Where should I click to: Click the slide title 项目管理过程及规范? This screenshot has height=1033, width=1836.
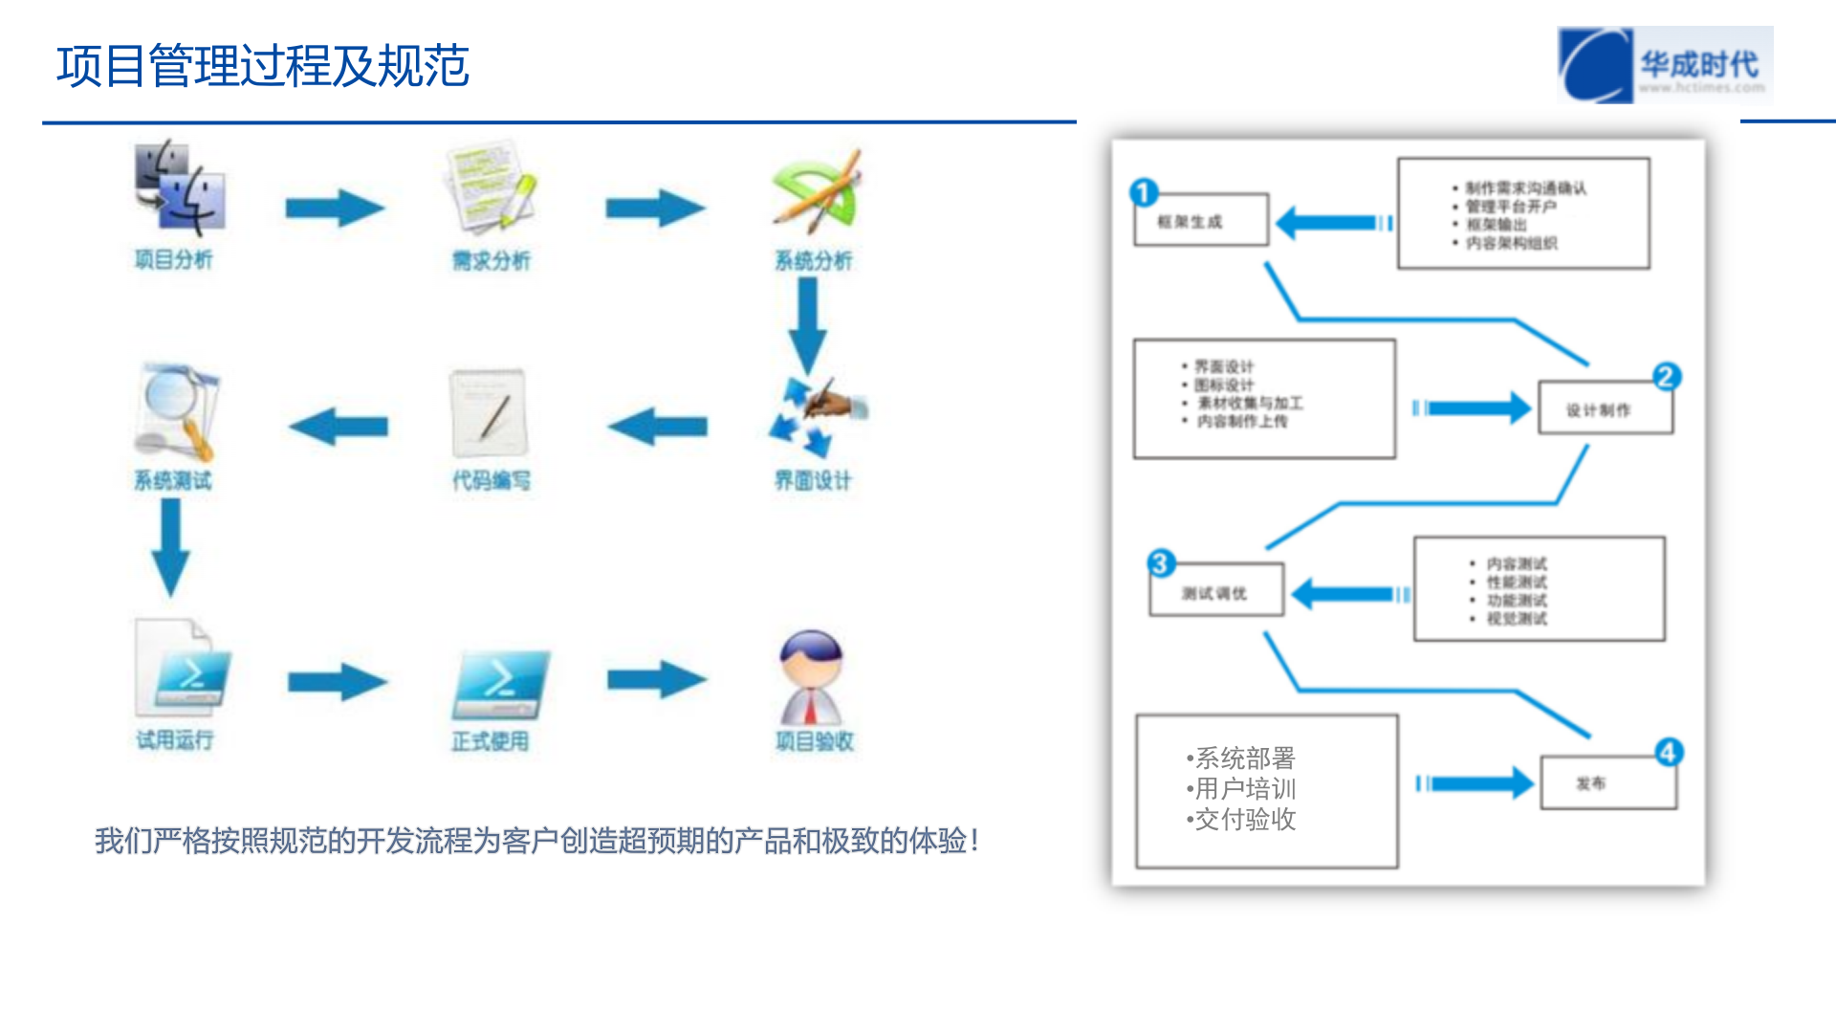pyautogui.click(x=263, y=67)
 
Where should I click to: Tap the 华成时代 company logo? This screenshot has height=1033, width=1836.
pyautogui.click(x=1665, y=65)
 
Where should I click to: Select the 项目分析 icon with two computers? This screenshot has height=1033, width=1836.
pyautogui.click(x=179, y=188)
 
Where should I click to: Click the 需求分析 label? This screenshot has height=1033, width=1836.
pyautogui.click(x=491, y=260)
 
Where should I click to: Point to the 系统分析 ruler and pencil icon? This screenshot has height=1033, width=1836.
pyautogui.click(x=816, y=190)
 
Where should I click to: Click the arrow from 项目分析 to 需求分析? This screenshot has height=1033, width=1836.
pyautogui.click(x=335, y=209)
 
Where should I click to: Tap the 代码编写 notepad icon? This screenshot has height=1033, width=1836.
pyautogui.click(x=490, y=413)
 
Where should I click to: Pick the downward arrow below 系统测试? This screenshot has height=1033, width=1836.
pyautogui.click(x=171, y=547)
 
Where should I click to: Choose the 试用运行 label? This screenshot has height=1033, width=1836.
pyautogui.click(x=174, y=739)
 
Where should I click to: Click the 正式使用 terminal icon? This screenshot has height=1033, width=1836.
pyautogui.click(x=500, y=684)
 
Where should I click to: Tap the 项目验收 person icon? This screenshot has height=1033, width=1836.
pyautogui.click(x=811, y=677)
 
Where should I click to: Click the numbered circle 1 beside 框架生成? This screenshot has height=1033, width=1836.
pyautogui.click(x=1144, y=192)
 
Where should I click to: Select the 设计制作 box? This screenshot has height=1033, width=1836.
pyautogui.click(x=1606, y=408)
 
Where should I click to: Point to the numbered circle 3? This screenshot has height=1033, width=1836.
pyautogui.click(x=1161, y=563)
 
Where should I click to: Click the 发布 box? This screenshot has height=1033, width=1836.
pyautogui.click(x=1608, y=783)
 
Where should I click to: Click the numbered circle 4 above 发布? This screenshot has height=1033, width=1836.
pyautogui.click(x=1669, y=752)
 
